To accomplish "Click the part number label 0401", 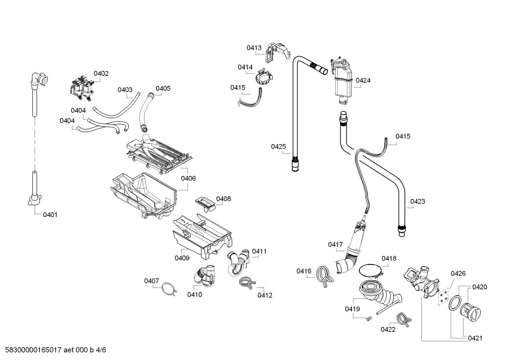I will point(50,214).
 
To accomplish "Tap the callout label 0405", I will point(163,88).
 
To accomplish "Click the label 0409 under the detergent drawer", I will point(182,258).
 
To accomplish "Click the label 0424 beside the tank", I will point(363,81).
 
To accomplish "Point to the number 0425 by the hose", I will point(279,146).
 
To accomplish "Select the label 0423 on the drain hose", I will point(417,201).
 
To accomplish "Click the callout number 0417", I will point(335,244).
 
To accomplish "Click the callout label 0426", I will point(458,273).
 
